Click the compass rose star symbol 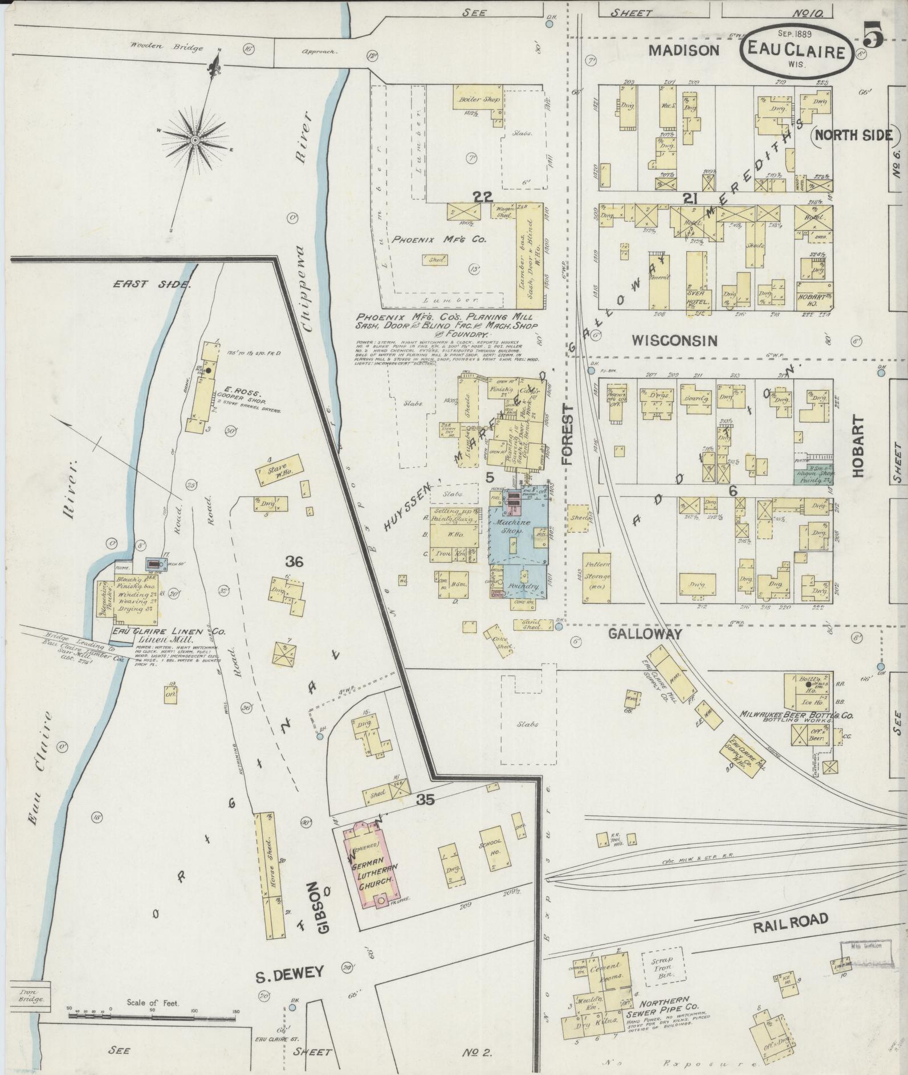coord(195,140)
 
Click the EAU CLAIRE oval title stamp coord(796,52)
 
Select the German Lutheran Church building coord(370,870)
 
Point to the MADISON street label coord(684,51)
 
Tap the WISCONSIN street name coord(674,341)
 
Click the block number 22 coord(482,197)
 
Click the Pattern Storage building coord(596,577)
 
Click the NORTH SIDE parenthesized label coord(853,135)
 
